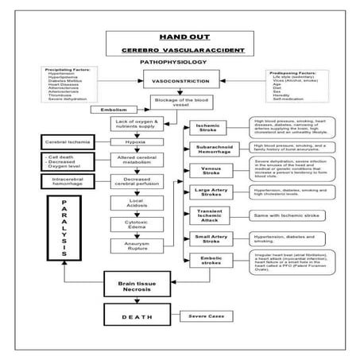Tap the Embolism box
(115, 108)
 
